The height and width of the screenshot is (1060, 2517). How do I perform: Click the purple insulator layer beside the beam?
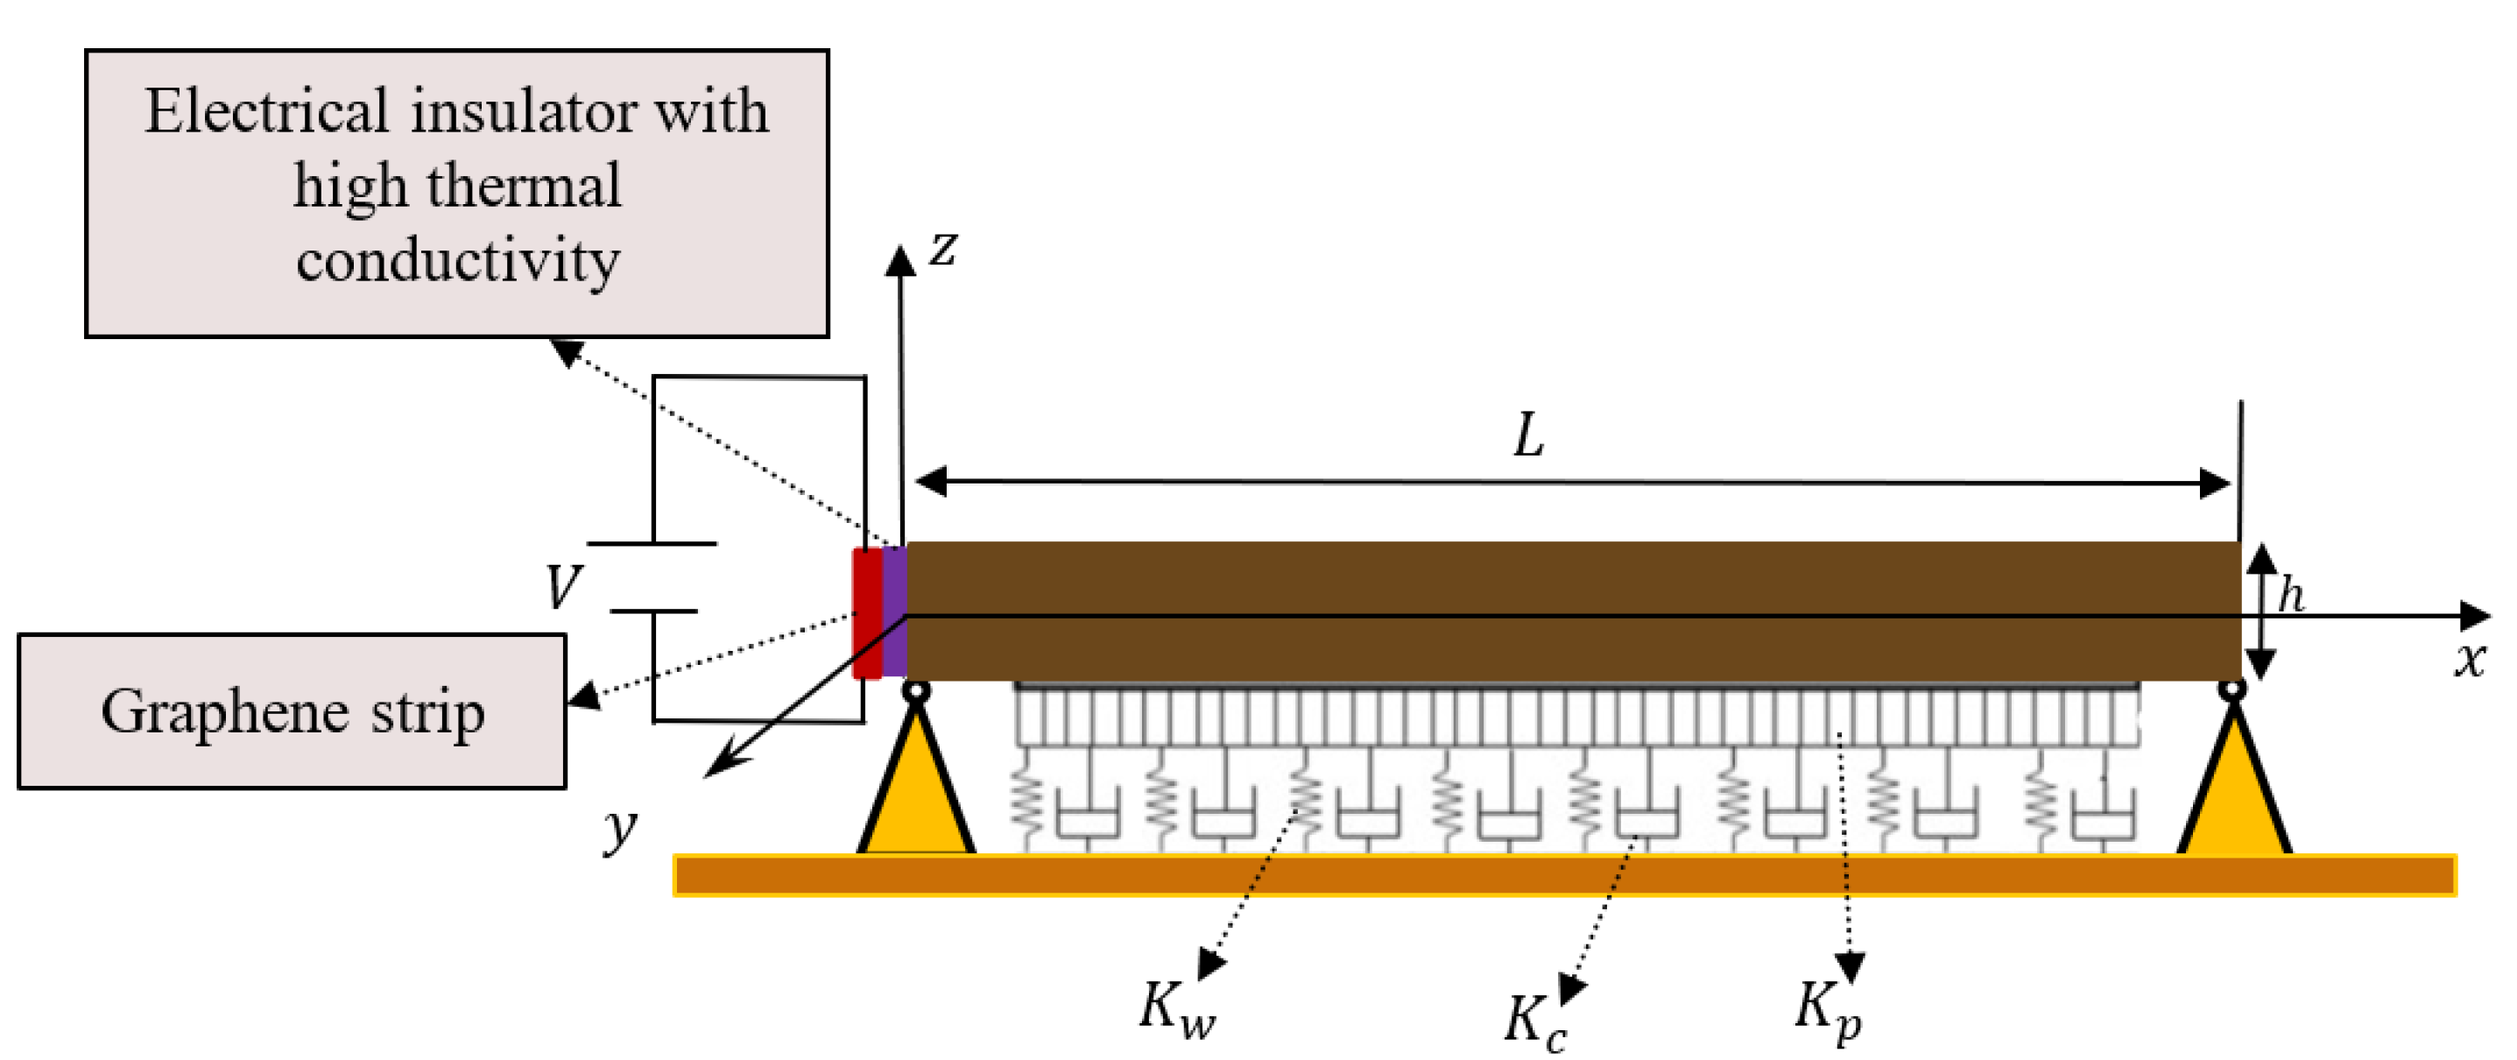tap(894, 612)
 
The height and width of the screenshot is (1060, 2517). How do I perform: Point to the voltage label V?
tap(564, 587)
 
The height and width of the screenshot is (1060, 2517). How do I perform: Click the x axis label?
tap(2469, 660)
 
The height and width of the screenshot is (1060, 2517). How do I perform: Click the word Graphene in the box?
tap(225, 712)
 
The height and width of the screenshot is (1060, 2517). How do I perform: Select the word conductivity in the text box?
tap(457, 261)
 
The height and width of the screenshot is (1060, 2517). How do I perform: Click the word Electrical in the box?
tap(267, 110)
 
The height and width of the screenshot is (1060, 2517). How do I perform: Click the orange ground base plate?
tap(1563, 874)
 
